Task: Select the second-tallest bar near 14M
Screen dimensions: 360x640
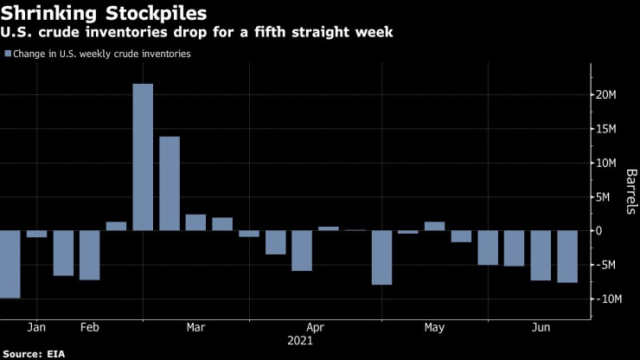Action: pyautogui.click(x=170, y=183)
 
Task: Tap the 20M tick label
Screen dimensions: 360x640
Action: pyautogui.click(x=607, y=94)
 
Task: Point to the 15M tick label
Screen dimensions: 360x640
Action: pyautogui.click(x=607, y=129)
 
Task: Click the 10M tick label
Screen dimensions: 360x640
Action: pyautogui.click(x=607, y=163)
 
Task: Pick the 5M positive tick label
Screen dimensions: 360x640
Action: pyautogui.click(x=611, y=196)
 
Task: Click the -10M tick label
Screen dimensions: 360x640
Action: pyautogui.click(x=607, y=299)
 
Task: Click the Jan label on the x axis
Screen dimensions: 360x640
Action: pyautogui.click(x=36, y=328)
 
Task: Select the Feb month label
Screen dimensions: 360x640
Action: pyautogui.click(x=89, y=328)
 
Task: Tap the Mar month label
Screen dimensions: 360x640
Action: pyautogui.click(x=196, y=328)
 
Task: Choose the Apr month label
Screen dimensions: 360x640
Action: pyautogui.click(x=315, y=328)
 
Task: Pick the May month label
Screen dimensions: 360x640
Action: pyautogui.click(x=435, y=328)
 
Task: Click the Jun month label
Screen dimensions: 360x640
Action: pyautogui.click(x=541, y=328)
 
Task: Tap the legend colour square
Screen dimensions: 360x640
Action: pyautogui.click(x=8, y=54)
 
